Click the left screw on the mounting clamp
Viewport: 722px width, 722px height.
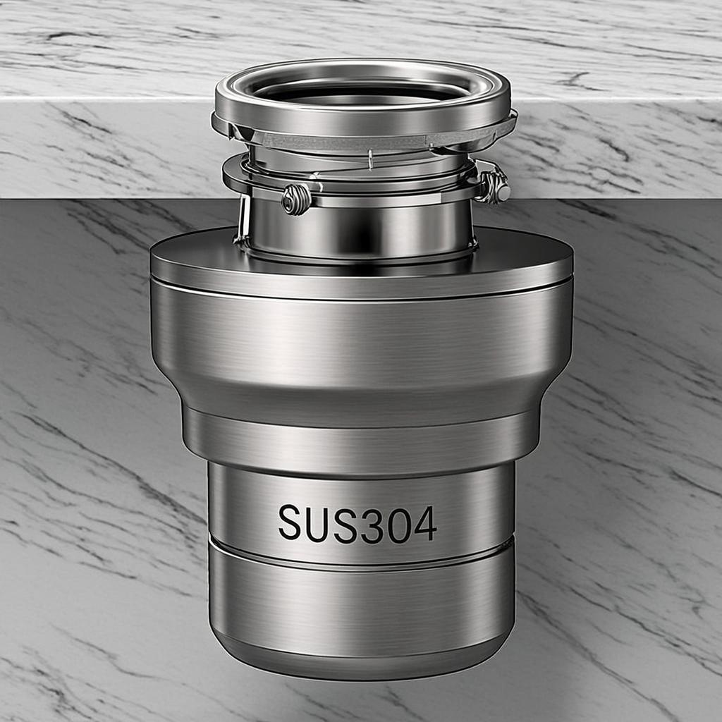click(296, 200)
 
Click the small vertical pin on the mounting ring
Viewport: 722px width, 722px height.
click(369, 161)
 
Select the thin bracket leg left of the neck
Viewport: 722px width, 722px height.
click(243, 219)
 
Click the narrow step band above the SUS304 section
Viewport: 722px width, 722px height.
click(361, 441)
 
